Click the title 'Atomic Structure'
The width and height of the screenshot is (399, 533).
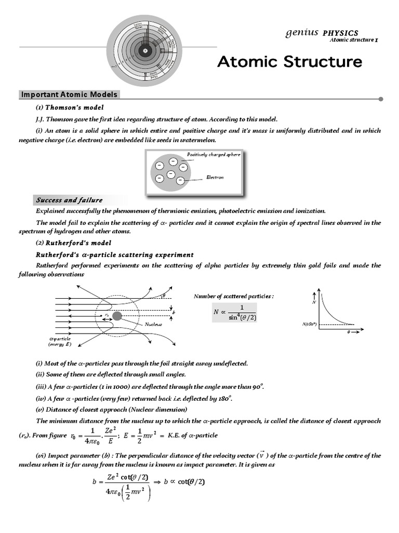click(289, 62)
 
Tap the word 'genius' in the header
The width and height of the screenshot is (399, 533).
click(301, 32)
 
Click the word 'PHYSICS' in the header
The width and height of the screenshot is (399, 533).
click(340, 33)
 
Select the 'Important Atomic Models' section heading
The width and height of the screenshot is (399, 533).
click(69, 95)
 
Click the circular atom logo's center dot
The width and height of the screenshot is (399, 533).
click(146, 50)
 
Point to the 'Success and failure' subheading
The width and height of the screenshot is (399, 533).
click(69, 200)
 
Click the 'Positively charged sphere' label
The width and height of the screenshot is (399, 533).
click(214, 155)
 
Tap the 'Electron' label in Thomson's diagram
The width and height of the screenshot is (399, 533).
click(215, 177)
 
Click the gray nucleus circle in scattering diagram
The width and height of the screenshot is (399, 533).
click(117, 316)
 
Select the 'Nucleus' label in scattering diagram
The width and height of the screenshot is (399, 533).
click(153, 324)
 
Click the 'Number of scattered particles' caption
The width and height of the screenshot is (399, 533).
click(233, 296)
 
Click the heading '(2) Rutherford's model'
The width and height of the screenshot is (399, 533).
click(73, 243)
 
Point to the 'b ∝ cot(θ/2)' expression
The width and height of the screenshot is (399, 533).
click(184, 481)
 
